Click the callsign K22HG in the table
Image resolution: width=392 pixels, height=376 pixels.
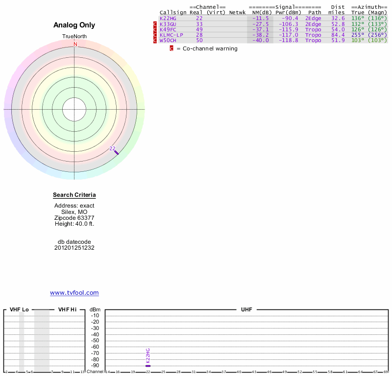coord(168,19)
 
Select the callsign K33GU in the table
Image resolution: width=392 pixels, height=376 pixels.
coord(168,24)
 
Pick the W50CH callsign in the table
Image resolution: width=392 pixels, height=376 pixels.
coord(168,40)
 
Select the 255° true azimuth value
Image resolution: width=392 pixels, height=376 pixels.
coord(357,35)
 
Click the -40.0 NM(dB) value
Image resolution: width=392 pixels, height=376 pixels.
coord(261,40)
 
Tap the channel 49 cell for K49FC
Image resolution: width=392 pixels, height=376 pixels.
coord(199,29)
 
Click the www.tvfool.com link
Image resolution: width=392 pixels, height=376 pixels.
coord(74,293)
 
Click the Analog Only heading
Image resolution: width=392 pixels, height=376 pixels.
coord(74,25)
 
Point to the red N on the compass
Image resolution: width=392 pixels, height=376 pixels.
coord(75,44)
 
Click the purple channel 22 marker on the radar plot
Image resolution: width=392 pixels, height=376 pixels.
coord(116,152)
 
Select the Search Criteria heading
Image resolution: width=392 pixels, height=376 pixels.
coord(74,195)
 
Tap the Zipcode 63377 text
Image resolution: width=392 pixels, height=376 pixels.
coord(74,218)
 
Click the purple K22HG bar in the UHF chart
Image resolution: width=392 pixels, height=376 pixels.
coord(148,366)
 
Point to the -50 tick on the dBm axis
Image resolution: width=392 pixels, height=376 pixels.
coord(95,341)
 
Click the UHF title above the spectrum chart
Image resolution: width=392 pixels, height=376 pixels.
coord(246,310)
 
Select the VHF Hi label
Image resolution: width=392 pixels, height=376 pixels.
coord(67,310)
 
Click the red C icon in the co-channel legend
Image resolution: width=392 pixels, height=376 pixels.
coord(171,48)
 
